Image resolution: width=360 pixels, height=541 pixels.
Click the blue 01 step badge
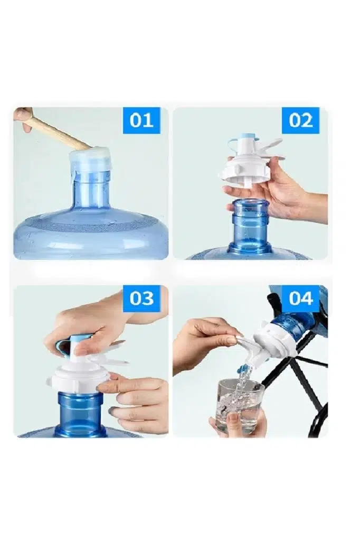point(141,120)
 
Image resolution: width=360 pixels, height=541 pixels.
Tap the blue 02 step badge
point(300,120)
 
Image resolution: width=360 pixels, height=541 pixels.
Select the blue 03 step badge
point(141,299)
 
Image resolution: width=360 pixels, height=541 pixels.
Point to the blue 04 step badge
point(300,299)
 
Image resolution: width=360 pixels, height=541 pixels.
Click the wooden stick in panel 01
point(57,130)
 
